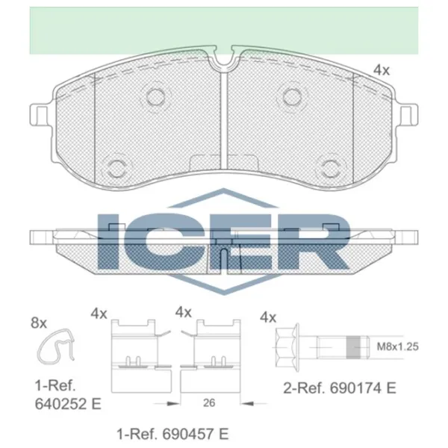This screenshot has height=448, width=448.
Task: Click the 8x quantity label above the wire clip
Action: click(x=39, y=323)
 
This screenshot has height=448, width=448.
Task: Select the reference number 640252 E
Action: click(x=68, y=404)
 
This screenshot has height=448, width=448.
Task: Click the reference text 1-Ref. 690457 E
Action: click(x=172, y=434)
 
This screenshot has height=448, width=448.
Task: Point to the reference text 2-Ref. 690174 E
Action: click(x=340, y=388)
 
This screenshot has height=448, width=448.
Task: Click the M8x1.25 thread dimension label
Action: click(x=398, y=346)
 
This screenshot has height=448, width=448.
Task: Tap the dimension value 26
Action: click(x=209, y=403)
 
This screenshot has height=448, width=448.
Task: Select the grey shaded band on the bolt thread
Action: click(x=353, y=347)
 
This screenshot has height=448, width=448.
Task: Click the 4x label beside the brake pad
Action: click(x=382, y=70)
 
